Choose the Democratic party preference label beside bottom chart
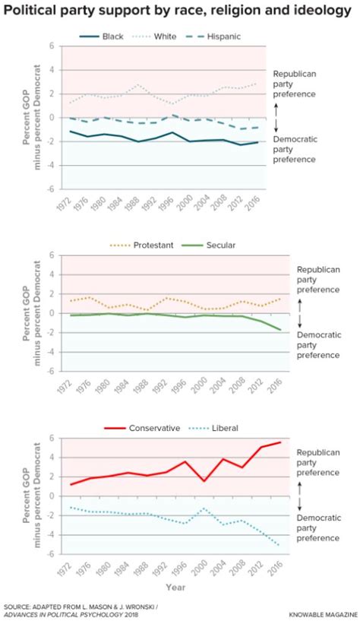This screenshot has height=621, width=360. [317, 527]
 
